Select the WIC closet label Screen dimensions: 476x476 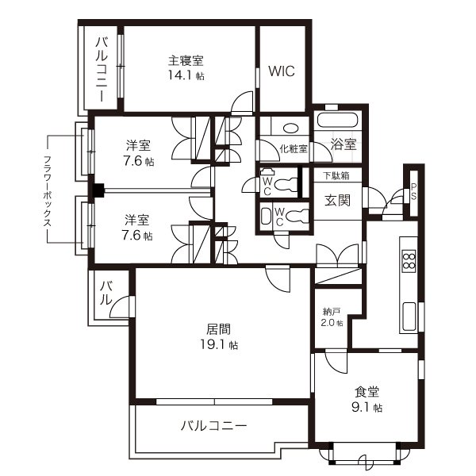tap(281, 71)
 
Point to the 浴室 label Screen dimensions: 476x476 tap(343, 144)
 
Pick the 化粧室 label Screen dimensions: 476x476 tap(293, 148)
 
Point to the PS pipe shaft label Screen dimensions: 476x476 tap(413, 192)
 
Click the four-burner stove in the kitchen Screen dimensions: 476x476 tap(409, 261)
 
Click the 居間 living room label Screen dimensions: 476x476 tap(221, 328)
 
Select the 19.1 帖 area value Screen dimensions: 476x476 tap(221, 345)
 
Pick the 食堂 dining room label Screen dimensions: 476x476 tap(366, 391)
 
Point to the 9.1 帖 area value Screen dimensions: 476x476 tap(367, 408)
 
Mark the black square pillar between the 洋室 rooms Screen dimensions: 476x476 tap(98, 190)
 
